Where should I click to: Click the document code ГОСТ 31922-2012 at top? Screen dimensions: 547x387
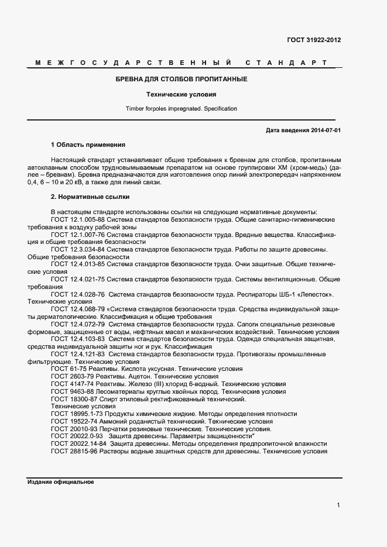pos(314,40)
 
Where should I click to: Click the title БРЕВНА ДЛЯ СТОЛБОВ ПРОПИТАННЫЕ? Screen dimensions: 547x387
pos(181,79)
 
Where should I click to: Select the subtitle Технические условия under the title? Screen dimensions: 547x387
pos(181,94)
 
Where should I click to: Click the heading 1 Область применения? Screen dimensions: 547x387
pos(88,144)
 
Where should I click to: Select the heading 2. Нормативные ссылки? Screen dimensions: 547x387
pos(90,197)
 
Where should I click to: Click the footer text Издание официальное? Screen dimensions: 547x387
pos(60,482)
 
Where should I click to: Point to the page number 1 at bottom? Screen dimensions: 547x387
pos(338,505)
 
